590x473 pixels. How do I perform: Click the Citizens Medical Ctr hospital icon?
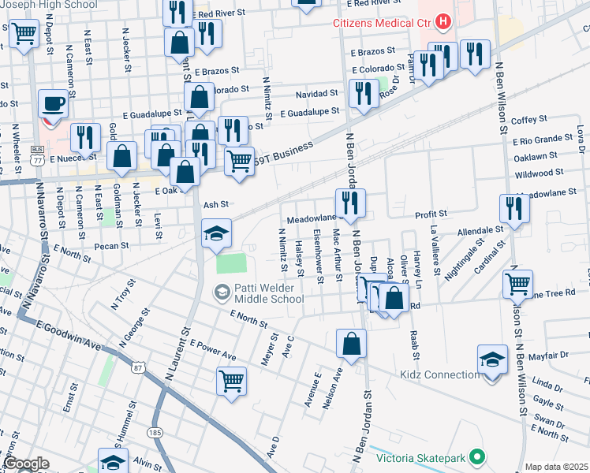pos(444,21)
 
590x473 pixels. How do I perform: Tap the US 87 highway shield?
pos(139,368)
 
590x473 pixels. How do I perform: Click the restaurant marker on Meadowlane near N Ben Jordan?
pos(349,203)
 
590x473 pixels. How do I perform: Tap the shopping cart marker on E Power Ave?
pos(231,380)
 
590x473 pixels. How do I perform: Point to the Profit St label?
pos(431,214)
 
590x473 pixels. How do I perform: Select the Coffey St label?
pos(529,120)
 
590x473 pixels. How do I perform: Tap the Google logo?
pos(26,464)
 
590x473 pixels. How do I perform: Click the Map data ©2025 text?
pos(556,467)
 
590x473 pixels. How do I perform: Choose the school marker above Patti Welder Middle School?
pos(216,233)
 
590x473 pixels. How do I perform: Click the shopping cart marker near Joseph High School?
pos(24,33)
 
